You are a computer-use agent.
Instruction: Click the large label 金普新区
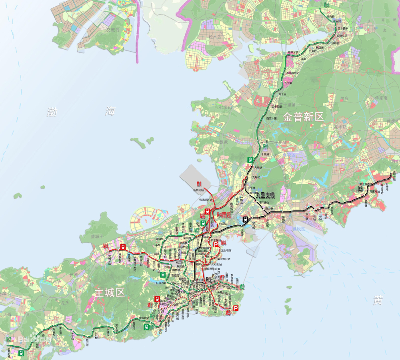[x=303, y=117]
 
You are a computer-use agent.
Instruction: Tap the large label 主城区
[x=110, y=292]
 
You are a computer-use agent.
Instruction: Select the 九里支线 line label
[x=266, y=195]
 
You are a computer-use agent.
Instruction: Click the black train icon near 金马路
[x=245, y=219]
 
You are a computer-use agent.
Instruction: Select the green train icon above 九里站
[x=250, y=159]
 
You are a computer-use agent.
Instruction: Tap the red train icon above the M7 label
[x=158, y=299]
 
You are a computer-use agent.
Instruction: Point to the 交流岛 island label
[x=113, y=30]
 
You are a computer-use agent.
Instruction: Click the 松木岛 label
[x=215, y=37]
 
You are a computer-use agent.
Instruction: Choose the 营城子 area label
[x=97, y=237]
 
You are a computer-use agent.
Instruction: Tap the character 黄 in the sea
[x=378, y=300]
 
